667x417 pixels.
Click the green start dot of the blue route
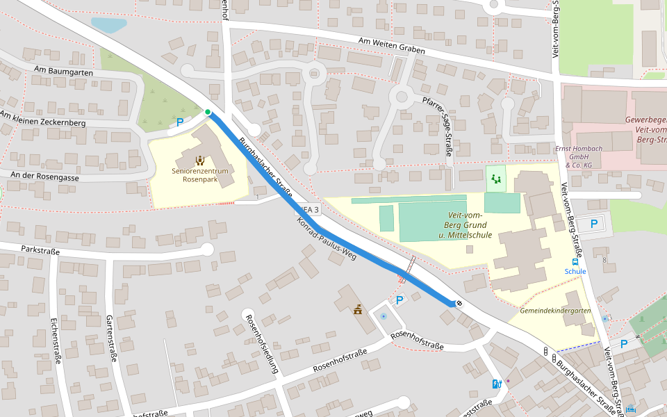[207, 112]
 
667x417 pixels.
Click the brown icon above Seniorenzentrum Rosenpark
[200, 161]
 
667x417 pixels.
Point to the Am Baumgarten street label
[63, 71]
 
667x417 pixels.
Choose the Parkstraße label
[40, 250]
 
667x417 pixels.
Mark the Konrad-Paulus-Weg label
[327, 240]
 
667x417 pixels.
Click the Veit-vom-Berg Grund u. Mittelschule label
[466, 225]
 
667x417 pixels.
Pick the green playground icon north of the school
[496, 179]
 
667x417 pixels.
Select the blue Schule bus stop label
[575, 271]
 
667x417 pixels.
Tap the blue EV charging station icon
[496, 384]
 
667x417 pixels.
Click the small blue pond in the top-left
[109, 25]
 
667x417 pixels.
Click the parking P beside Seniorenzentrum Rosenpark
[180, 122]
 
